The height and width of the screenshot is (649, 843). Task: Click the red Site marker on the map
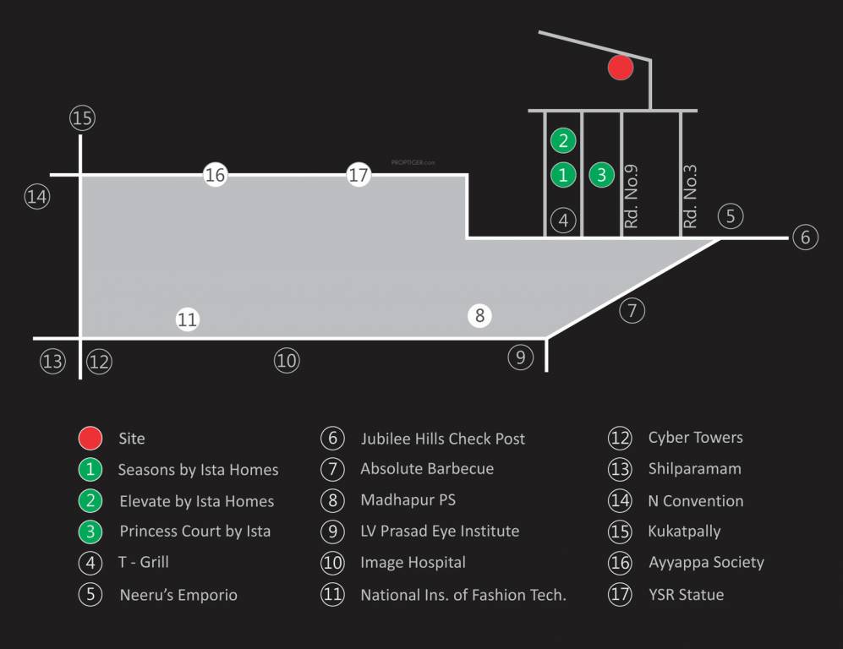coord(621,68)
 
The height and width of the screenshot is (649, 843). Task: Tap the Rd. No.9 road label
coord(631,197)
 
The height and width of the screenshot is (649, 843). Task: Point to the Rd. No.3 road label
coord(690,197)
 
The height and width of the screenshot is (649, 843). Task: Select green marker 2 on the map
coord(563,141)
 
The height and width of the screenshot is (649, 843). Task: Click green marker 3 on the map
coord(601,175)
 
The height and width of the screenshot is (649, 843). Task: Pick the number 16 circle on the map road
coord(216,175)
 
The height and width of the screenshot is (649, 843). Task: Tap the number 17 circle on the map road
coord(359,175)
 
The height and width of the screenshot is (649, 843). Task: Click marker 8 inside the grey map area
coord(479,316)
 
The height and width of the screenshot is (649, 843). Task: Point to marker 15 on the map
coord(82,118)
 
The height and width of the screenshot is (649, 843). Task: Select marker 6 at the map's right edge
coord(804,238)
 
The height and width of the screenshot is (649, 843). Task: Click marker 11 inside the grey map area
coord(187,319)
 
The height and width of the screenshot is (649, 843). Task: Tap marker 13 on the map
coord(52,362)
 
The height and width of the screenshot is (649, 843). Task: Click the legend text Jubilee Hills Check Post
coord(442,439)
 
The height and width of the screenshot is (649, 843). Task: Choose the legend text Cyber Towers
coord(695,438)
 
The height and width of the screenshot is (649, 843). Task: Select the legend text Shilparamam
coord(693,469)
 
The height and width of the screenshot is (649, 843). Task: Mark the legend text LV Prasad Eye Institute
coord(440,532)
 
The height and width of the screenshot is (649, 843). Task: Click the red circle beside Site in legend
coord(90,438)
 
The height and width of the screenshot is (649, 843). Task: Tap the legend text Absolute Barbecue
coord(427,469)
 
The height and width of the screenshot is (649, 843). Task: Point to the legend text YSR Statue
coord(686,594)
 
